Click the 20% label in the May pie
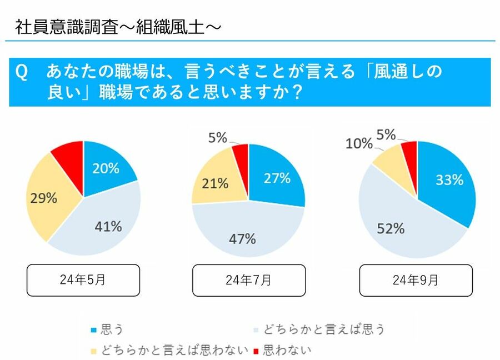(106, 168)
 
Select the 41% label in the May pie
(108, 226)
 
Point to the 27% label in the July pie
(277, 178)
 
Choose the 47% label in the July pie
(242, 239)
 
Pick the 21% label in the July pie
(216, 182)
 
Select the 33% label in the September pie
(449, 179)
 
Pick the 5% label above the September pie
(386, 134)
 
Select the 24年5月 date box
(83, 280)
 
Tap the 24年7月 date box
(248, 280)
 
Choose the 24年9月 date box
(416, 280)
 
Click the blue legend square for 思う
(94, 329)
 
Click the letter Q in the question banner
(22, 73)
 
